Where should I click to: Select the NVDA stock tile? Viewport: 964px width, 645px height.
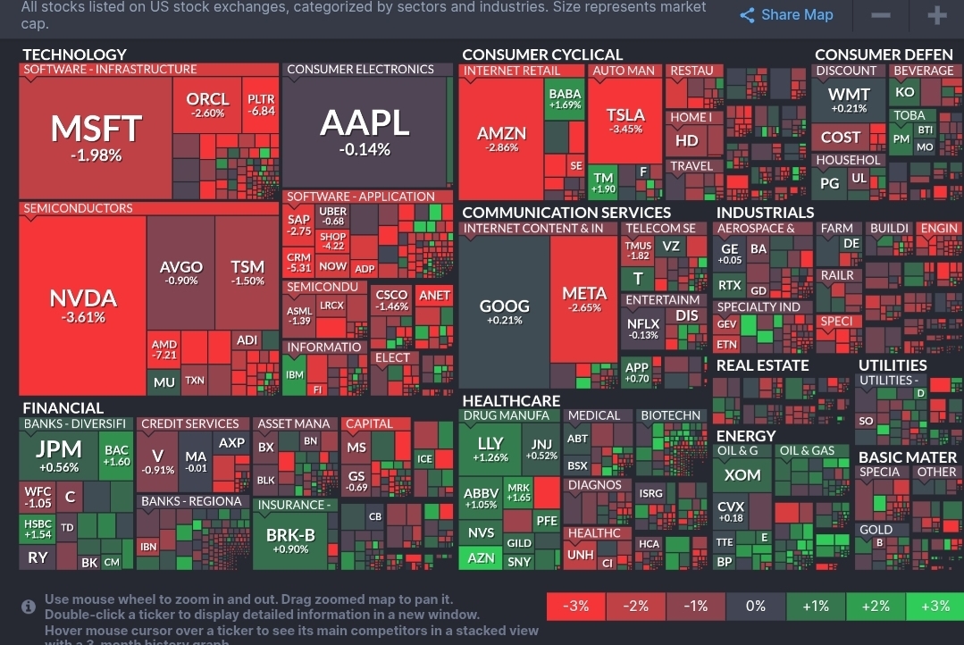83,304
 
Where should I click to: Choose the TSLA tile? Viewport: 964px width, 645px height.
625,121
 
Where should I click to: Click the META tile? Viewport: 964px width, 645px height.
584,299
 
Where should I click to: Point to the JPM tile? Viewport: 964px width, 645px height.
59,455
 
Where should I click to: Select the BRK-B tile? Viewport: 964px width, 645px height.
291,540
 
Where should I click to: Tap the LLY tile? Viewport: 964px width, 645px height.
490,448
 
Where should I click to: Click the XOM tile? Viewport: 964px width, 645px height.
742,474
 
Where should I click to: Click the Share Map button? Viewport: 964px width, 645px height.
787,15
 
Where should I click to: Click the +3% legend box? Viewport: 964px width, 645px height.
935,606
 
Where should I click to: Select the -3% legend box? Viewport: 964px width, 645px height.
576,606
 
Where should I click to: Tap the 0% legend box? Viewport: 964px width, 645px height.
756,606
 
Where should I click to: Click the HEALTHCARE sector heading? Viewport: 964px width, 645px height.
511,401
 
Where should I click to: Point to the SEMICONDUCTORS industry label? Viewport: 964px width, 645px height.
78,208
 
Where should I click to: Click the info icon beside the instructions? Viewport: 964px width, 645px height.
29,607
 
